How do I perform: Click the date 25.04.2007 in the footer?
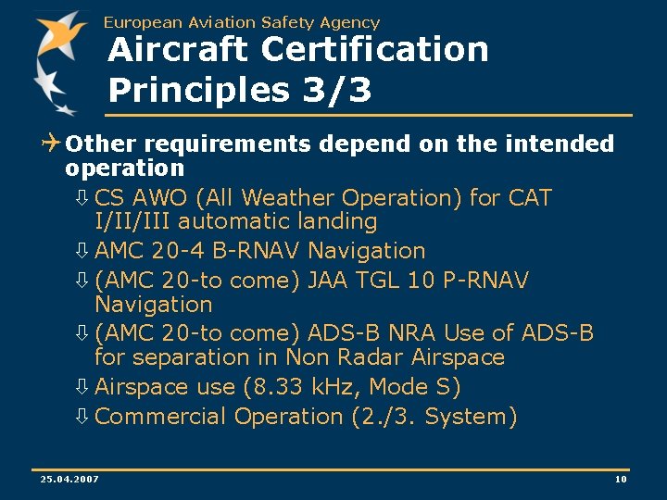[x=70, y=479]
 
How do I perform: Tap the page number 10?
[x=621, y=479]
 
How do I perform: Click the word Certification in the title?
[x=374, y=50]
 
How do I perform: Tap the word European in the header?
[x=142, y=22]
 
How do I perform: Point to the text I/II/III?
[x=132, y=222]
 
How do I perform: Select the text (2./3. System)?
[x=434, y=417]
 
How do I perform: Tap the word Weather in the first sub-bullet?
[x=291, y=198]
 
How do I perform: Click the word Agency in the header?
[x=350, y=22]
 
